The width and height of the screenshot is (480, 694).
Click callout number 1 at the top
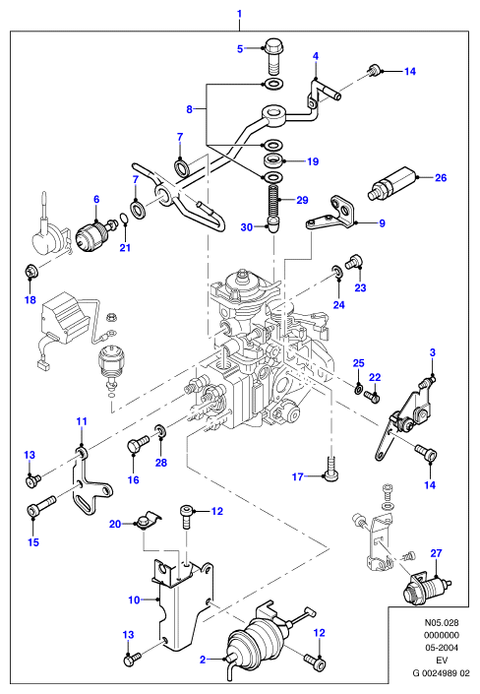pyautogui.click(x=239, y=14)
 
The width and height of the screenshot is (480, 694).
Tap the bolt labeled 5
pyautogui.click(x=274, y=57)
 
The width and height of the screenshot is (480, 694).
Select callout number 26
pyautogui.click(x=441, y=178)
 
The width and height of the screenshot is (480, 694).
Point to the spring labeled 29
pyautogui.click(x=273, y=202)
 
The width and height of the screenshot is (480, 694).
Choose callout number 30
pyautogui.click(x=247, y=227)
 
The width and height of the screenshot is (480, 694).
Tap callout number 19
pyautogui.click(x=313, y=161)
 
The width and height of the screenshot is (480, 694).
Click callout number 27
pyautogui.click(x=436, y=553)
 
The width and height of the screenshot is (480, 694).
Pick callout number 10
pyautogui.click(x=134, y=600)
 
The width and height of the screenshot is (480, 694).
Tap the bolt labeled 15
pyautogui.click(x=40, y=505)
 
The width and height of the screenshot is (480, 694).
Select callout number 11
pyautogui.click(x=82, y=421)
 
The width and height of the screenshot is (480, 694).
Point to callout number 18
pyautogui.click(x=30, y=300)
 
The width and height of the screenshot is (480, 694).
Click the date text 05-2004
pyautogui.click(x=442, y=648)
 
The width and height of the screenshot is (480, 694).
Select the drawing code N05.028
pyautogui.click(x=442, y=622)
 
